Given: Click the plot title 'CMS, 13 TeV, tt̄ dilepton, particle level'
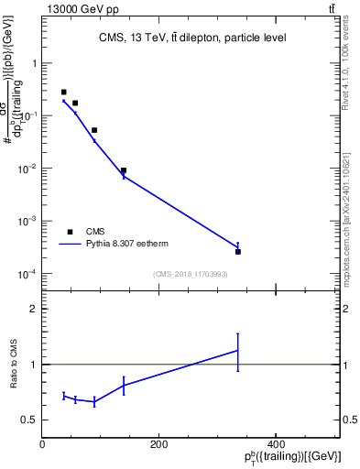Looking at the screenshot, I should click(x=191, y=38).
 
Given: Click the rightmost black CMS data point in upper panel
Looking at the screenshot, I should click(x=238, y=251).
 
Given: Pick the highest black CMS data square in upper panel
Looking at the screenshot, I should click(x=63, y=93).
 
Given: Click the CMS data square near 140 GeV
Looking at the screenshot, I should click(x=124, y=170).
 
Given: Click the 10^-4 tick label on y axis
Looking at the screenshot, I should click(x=27, y=274).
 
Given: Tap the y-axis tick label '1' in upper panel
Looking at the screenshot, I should click(x=33, y=63).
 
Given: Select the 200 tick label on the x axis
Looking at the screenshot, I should click(x=158, y=444).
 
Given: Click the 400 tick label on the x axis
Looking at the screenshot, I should click(x=276, y=444).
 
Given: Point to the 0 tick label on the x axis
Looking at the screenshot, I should click(x=42, y=444).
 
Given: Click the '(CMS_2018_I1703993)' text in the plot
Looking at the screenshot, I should click(x=191, y=274).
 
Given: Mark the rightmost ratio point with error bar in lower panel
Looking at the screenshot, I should click(x=238, y=350).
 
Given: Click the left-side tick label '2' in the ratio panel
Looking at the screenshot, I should click(x=33, y=309).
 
